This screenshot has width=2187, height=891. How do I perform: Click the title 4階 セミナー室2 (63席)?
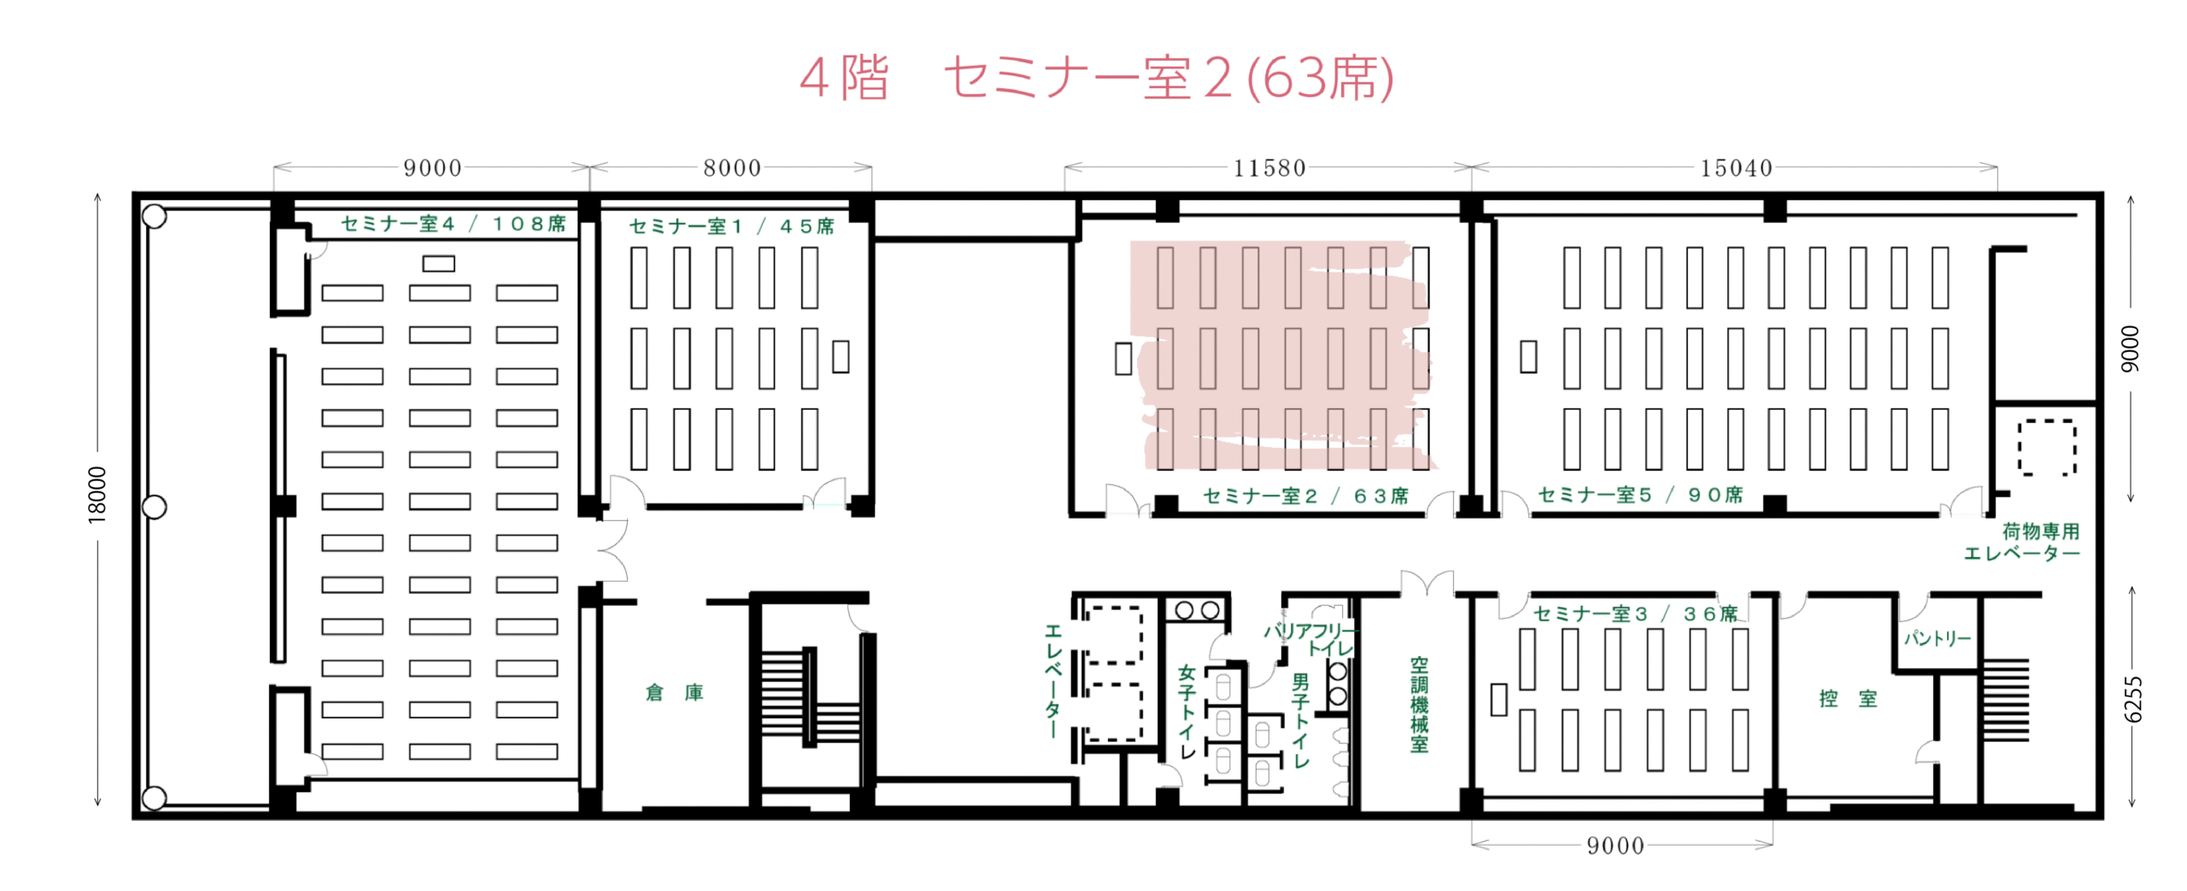[1096, 78]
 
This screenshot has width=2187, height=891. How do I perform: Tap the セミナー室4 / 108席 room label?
[453, 224]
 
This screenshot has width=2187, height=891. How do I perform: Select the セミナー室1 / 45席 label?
[731, 226]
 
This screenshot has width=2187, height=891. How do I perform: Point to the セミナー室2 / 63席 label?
[1305, 496]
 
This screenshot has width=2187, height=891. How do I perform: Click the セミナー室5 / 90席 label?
[1639, 495]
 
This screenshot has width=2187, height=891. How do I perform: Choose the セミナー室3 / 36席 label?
[1635, 614]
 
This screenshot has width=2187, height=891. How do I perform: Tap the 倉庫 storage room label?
[674, 693]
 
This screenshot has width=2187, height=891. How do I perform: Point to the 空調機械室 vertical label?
[1419, 705]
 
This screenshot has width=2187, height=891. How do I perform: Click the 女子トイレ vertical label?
[1187, 712]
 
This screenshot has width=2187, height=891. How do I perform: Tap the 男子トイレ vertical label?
[1300, 720]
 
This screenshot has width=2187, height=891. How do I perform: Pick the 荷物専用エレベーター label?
[2021, 542]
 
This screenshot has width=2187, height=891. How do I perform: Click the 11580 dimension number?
[1269, 168]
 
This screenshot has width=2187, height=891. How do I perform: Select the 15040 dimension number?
[1736, 168]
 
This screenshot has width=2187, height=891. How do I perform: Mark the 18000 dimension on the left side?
[97, 495]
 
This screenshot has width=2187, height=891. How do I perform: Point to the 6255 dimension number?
[2132, 700]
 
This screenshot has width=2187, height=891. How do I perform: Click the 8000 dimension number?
[731, 168]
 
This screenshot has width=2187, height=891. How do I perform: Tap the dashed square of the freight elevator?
[2047, 448]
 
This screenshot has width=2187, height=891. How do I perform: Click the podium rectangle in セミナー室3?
[1498, 700]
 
